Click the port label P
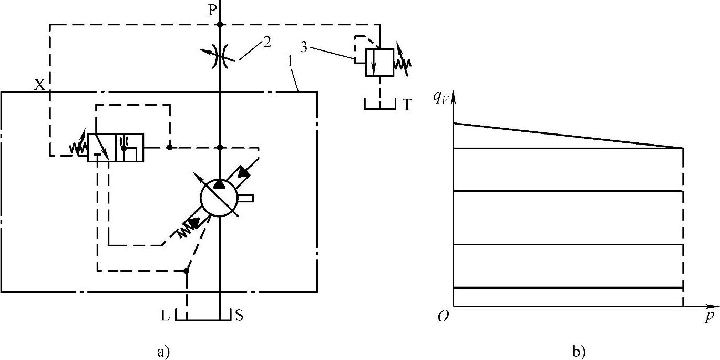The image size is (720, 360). pos(212,11)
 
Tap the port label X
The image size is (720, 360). pos(39,85)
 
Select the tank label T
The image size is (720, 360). pos(407,105)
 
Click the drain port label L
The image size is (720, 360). pos(165,316)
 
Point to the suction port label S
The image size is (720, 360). pos(239,315)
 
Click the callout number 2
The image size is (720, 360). pos(267,42)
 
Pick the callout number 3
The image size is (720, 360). pos(304,48)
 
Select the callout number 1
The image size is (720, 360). pos(290,61)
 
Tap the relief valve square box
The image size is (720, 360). pos(379,63)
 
